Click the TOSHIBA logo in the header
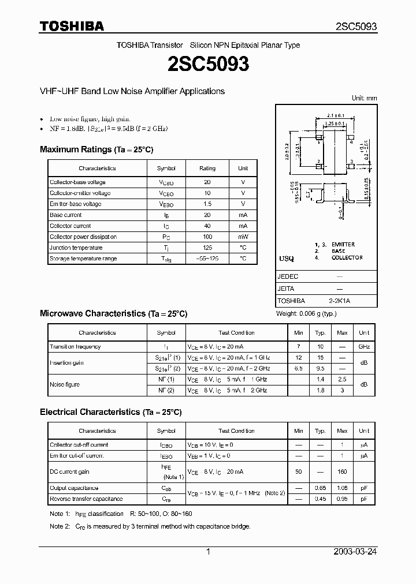[x=72, y=26]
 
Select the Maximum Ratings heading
[x=96, y=149]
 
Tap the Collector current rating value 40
[x=207, y=226]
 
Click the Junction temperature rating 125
[x=207, y=248]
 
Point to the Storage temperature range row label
[x=83, y=259]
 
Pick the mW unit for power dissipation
[x=243, y=237]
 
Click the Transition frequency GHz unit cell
[x=364, y=347]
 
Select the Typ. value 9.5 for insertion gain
[x=320, y=368]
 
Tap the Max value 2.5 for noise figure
[x=342, y=380]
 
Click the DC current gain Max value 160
[x=342, y=471]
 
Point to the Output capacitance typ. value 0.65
[x=320, y=488]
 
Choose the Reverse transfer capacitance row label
[x=86, y=499]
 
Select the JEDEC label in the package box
[x=288, y=276]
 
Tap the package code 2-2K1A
[x=339, y=301]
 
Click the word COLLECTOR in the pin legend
[x=347, y=257]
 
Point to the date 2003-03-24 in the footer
[x=355, y=552]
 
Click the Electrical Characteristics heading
[x=110, y=412]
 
